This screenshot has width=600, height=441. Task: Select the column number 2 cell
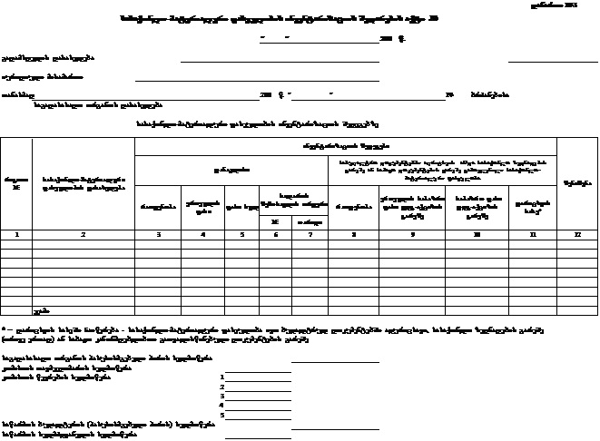pos(83,234)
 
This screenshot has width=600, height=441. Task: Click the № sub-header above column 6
pos(275,220)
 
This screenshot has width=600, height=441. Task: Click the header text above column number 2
pos(83,182)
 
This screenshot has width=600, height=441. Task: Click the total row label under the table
pos(37,309)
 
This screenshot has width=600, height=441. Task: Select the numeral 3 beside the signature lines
pos(221,395)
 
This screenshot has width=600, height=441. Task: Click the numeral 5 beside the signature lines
pos(221,415)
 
